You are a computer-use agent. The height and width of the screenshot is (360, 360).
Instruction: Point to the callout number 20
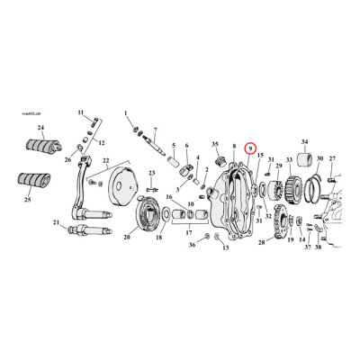pos(126,238)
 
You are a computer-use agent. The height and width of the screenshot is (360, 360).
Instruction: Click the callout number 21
pos(56,222)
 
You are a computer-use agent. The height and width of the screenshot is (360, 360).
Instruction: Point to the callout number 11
pos(80,112)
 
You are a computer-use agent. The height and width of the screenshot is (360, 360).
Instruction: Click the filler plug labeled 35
pos(219,162)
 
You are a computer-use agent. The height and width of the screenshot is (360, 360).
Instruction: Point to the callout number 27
pos(332,159)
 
